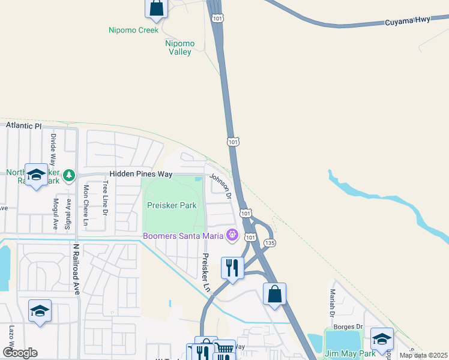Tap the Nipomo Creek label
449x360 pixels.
pos(133,30)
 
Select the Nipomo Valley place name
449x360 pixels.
pos(178,47)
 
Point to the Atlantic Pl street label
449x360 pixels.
pos(23,126)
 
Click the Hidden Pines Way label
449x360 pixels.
pos(140,174)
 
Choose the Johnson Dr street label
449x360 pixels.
pos(220,185)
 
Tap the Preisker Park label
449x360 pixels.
pos(172,205)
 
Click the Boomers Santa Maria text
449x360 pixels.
pos(182,235)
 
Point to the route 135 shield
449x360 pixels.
pos(270,242)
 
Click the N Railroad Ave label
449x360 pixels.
pos(76,269)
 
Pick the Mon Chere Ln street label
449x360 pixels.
pos(86,206)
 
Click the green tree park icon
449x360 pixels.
pos(69,175)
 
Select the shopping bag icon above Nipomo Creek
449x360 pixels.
pos(156,8)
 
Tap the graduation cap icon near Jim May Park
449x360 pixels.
pos(382,338)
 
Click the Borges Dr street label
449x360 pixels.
pos(351,326)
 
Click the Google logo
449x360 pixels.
pos(20,352)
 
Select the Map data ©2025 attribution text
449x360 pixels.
pos(423,355)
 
